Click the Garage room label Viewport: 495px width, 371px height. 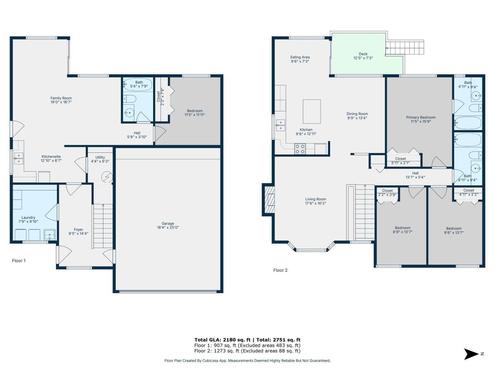tap(168, 224)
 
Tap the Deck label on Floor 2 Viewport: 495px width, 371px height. tap(363, 54)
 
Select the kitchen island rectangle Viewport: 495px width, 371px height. tap(312, 112)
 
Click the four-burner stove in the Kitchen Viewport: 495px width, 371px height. tap(300, 149)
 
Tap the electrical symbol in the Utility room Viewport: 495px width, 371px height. tap(107, 177)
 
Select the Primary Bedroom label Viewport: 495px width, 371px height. tap(420, 117)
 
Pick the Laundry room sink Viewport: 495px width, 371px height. tap(49, 235)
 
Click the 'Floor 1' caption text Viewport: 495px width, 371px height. tap(19, 261)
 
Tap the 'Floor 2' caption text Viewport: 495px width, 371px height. tap(280, 270)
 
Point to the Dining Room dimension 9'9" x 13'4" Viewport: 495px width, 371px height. tap(357, 118)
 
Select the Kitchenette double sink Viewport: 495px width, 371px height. tap(19, 158)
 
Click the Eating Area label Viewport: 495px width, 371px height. tap(300, 57)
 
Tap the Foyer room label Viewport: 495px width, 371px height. tap(78, 230)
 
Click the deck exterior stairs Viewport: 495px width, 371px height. tap(405, 48)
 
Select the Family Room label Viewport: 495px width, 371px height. tap(61, 98)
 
